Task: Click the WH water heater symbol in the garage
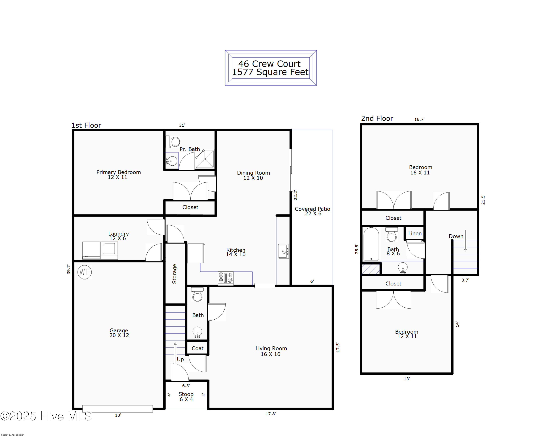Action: coord(85,272)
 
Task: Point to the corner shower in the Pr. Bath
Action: coord(205,159)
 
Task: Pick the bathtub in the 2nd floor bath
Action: coord(371,244)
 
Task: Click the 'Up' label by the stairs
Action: coord(180,359)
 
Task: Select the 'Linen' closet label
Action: coord(415,233)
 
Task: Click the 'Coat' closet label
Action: coord(197,348)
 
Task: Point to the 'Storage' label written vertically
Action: coord(174,273)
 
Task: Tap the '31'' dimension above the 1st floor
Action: coord(182,125)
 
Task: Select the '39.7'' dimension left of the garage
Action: coord(68,269)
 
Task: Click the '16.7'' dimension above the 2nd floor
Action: coord(419,119)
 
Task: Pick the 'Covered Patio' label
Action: coord(312,209)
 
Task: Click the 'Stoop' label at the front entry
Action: coord(186,394)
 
